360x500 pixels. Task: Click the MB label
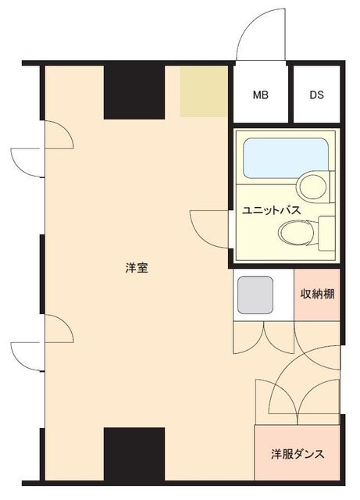coord(261,95)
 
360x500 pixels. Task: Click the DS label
coord(316,95)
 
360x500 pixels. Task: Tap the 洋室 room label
coord(137,268)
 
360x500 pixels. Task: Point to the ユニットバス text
coord(271,210)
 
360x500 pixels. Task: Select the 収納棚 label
coord(317,294)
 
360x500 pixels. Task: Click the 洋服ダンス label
coord(298,454)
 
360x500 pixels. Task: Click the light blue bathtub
coord(286,158)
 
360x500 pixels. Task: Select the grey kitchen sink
coord(255,295)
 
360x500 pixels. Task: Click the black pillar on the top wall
coord(134,92)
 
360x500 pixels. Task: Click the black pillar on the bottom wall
coord(134,454)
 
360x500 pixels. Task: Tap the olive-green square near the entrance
coord(204,91)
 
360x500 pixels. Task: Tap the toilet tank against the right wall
coord(326,233)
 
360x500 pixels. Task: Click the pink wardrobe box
coord(297,452)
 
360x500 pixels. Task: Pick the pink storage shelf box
coord(317,295)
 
